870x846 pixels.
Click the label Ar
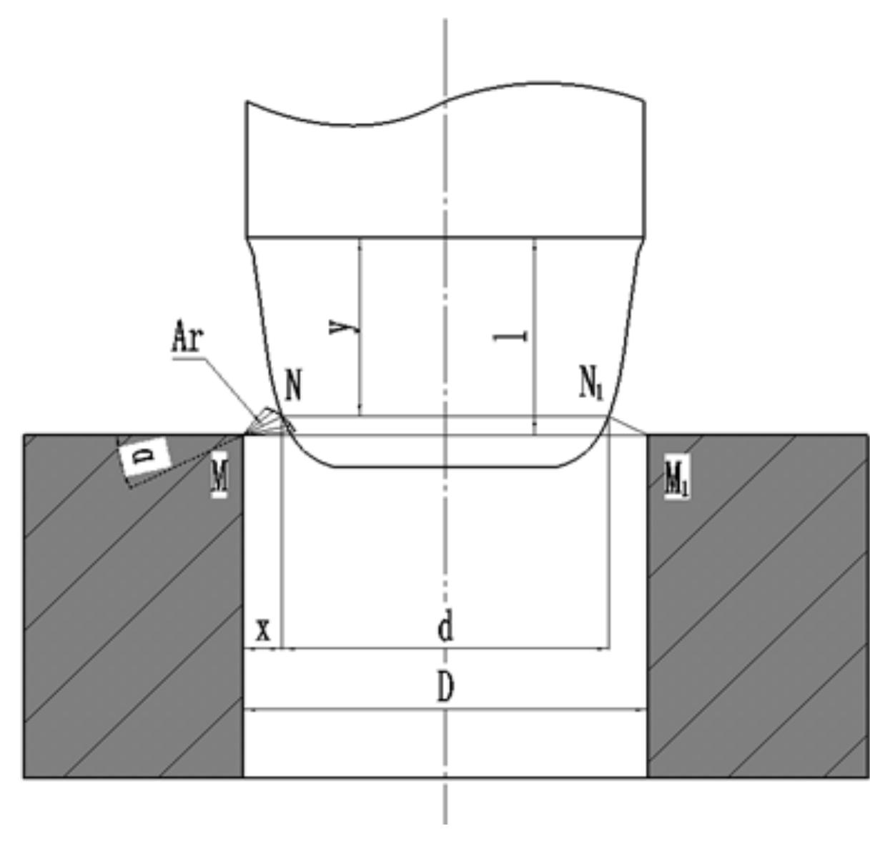[187, 338]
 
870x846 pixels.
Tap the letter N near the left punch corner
[293, 386]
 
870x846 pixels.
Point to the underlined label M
[219, 477]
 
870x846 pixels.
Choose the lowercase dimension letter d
[445, 628]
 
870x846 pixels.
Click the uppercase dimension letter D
[445, 689]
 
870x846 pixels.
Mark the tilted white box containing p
[143, 456]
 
